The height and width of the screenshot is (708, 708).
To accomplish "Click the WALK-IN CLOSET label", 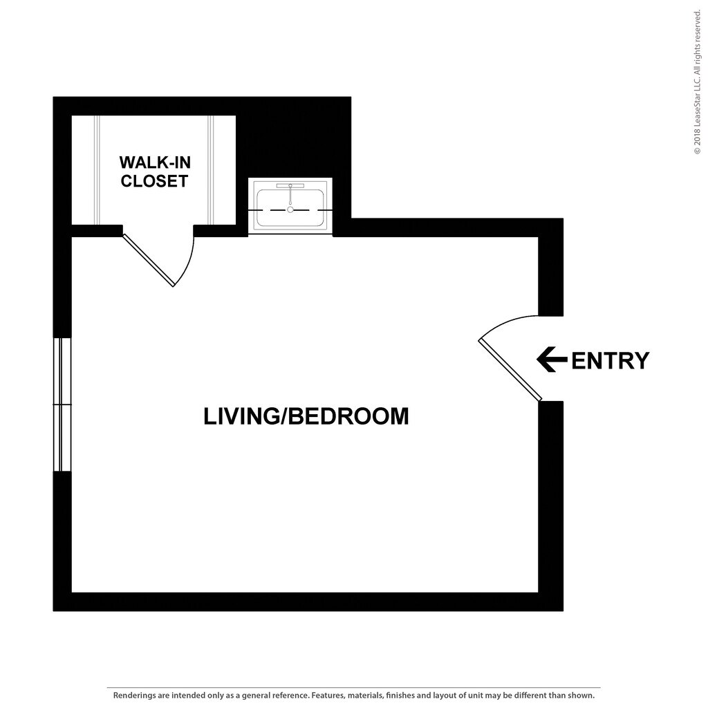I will [154, 171].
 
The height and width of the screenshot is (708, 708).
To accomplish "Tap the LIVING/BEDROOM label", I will [306, 416].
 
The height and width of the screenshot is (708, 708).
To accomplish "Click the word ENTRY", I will [611, 360].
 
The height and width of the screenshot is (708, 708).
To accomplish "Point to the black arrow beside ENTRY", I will [552, 360].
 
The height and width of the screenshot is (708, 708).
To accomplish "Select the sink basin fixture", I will [290, 205].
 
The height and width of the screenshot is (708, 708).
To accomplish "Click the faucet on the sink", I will [290, 186].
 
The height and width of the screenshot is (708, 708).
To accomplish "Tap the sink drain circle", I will [290, 209].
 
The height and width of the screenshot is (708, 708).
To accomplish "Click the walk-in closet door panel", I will [148, 260].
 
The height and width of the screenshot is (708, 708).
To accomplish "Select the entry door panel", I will [510, 370].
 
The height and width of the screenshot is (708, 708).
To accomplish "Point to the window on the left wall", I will [62, 404].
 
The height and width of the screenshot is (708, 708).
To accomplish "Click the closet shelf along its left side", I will [97, 169].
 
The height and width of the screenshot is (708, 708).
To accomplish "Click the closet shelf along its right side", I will [212, 169].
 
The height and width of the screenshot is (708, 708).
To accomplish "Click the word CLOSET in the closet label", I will [154, 181].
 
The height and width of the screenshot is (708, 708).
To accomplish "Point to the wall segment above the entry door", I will [550, 275].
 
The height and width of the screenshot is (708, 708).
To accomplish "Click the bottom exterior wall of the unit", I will [308, 602].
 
